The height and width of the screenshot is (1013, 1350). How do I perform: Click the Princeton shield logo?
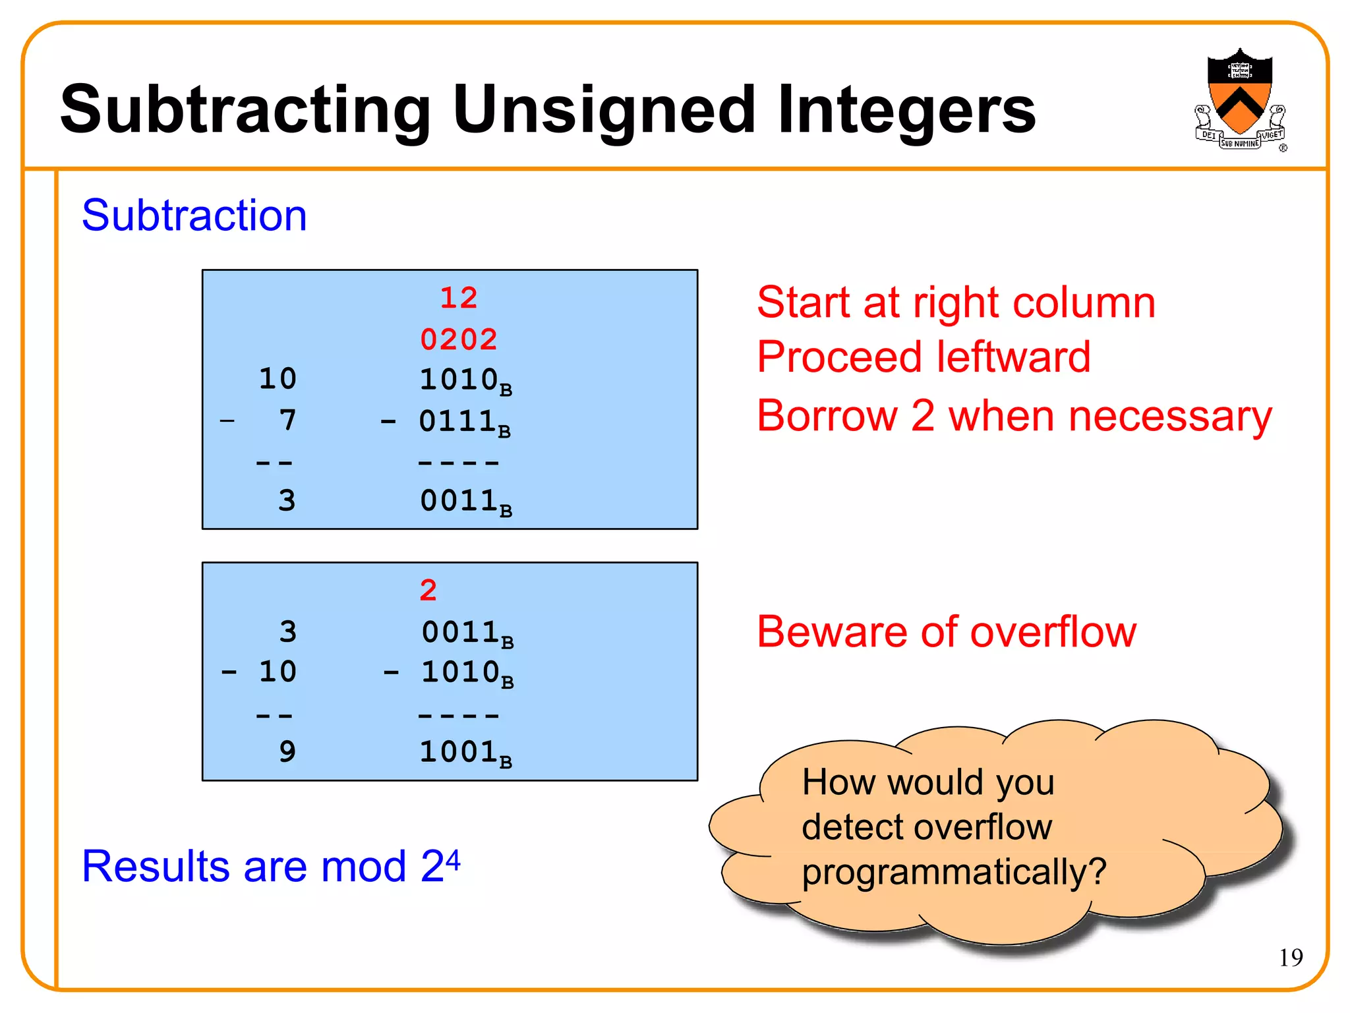1239,99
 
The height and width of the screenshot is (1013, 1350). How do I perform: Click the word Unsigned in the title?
603,110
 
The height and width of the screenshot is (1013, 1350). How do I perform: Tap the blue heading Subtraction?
194,216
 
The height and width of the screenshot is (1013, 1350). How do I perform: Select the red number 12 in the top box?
459,298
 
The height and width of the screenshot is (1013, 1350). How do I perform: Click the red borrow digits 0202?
459,339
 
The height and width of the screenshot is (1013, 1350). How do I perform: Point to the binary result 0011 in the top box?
459,501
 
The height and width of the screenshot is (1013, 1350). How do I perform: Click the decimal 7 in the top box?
287,420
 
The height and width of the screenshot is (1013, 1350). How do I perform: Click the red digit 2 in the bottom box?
428,590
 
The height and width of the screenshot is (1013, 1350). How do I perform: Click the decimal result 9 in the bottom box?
287,752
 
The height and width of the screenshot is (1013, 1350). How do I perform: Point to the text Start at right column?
956,303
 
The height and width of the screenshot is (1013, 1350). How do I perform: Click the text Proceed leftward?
923,357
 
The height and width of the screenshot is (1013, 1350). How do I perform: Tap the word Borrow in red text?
827,416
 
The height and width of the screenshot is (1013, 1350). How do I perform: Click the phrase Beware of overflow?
947,631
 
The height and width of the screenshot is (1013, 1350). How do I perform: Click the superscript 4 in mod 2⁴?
453,857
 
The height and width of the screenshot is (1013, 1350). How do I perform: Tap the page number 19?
1291,957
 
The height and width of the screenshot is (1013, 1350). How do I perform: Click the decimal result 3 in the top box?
287,501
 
